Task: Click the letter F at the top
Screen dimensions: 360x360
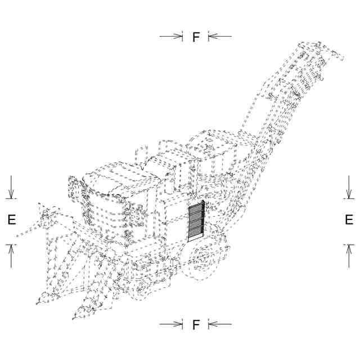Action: (196, 37)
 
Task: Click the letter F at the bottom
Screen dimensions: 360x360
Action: (196, 325)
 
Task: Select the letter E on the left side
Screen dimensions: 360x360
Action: (11, 220)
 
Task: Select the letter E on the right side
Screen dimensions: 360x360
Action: (349, 220)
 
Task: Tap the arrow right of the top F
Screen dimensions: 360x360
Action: (220, 37)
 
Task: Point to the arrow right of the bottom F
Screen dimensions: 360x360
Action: (220, 324)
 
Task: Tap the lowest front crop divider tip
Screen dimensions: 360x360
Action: (74, 318)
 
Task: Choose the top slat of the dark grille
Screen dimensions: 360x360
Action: (195, 206)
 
